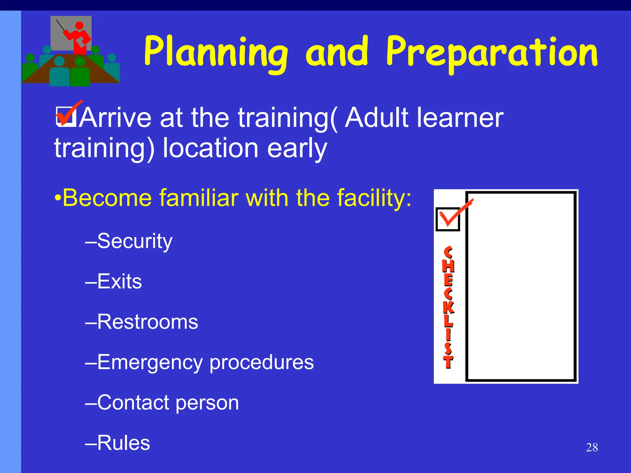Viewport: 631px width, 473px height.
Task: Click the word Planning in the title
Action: pos(216,52)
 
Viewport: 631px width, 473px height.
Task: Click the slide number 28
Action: pos(592,447)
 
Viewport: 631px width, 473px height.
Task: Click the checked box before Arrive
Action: pos(66,116)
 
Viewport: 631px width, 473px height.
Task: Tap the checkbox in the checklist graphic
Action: pos(448,219)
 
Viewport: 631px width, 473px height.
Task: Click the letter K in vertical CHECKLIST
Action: pos(448,307)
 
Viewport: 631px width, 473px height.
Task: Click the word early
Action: pos(297,148)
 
